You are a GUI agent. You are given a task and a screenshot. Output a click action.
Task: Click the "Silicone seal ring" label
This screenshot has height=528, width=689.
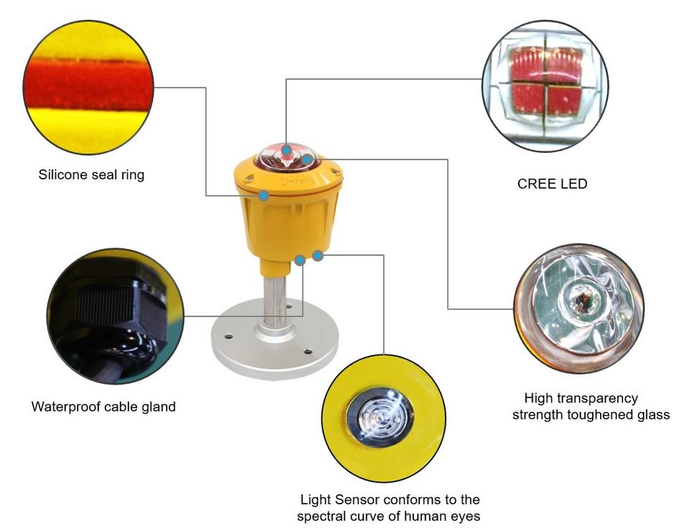click(91, 175)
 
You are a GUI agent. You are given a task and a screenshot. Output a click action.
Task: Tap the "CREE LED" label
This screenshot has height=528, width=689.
click(552, 184)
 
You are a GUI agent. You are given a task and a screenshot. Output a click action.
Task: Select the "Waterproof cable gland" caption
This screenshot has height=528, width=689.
click(103, 407)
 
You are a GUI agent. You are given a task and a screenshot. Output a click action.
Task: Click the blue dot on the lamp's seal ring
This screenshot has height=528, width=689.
click(263, 196)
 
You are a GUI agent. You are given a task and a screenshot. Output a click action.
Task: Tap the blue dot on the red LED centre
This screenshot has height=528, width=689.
click(286, 150)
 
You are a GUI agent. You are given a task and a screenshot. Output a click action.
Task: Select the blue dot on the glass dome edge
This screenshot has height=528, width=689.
click(308, 159)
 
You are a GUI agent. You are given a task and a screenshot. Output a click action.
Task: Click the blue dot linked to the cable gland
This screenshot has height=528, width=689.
click(300, 260)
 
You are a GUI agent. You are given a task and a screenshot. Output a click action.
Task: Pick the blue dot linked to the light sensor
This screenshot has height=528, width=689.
click(318, 255)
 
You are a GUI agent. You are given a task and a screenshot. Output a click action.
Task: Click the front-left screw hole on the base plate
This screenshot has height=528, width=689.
click(228, 336)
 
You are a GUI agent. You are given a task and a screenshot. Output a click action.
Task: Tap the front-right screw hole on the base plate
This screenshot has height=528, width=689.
click(308, 351)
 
